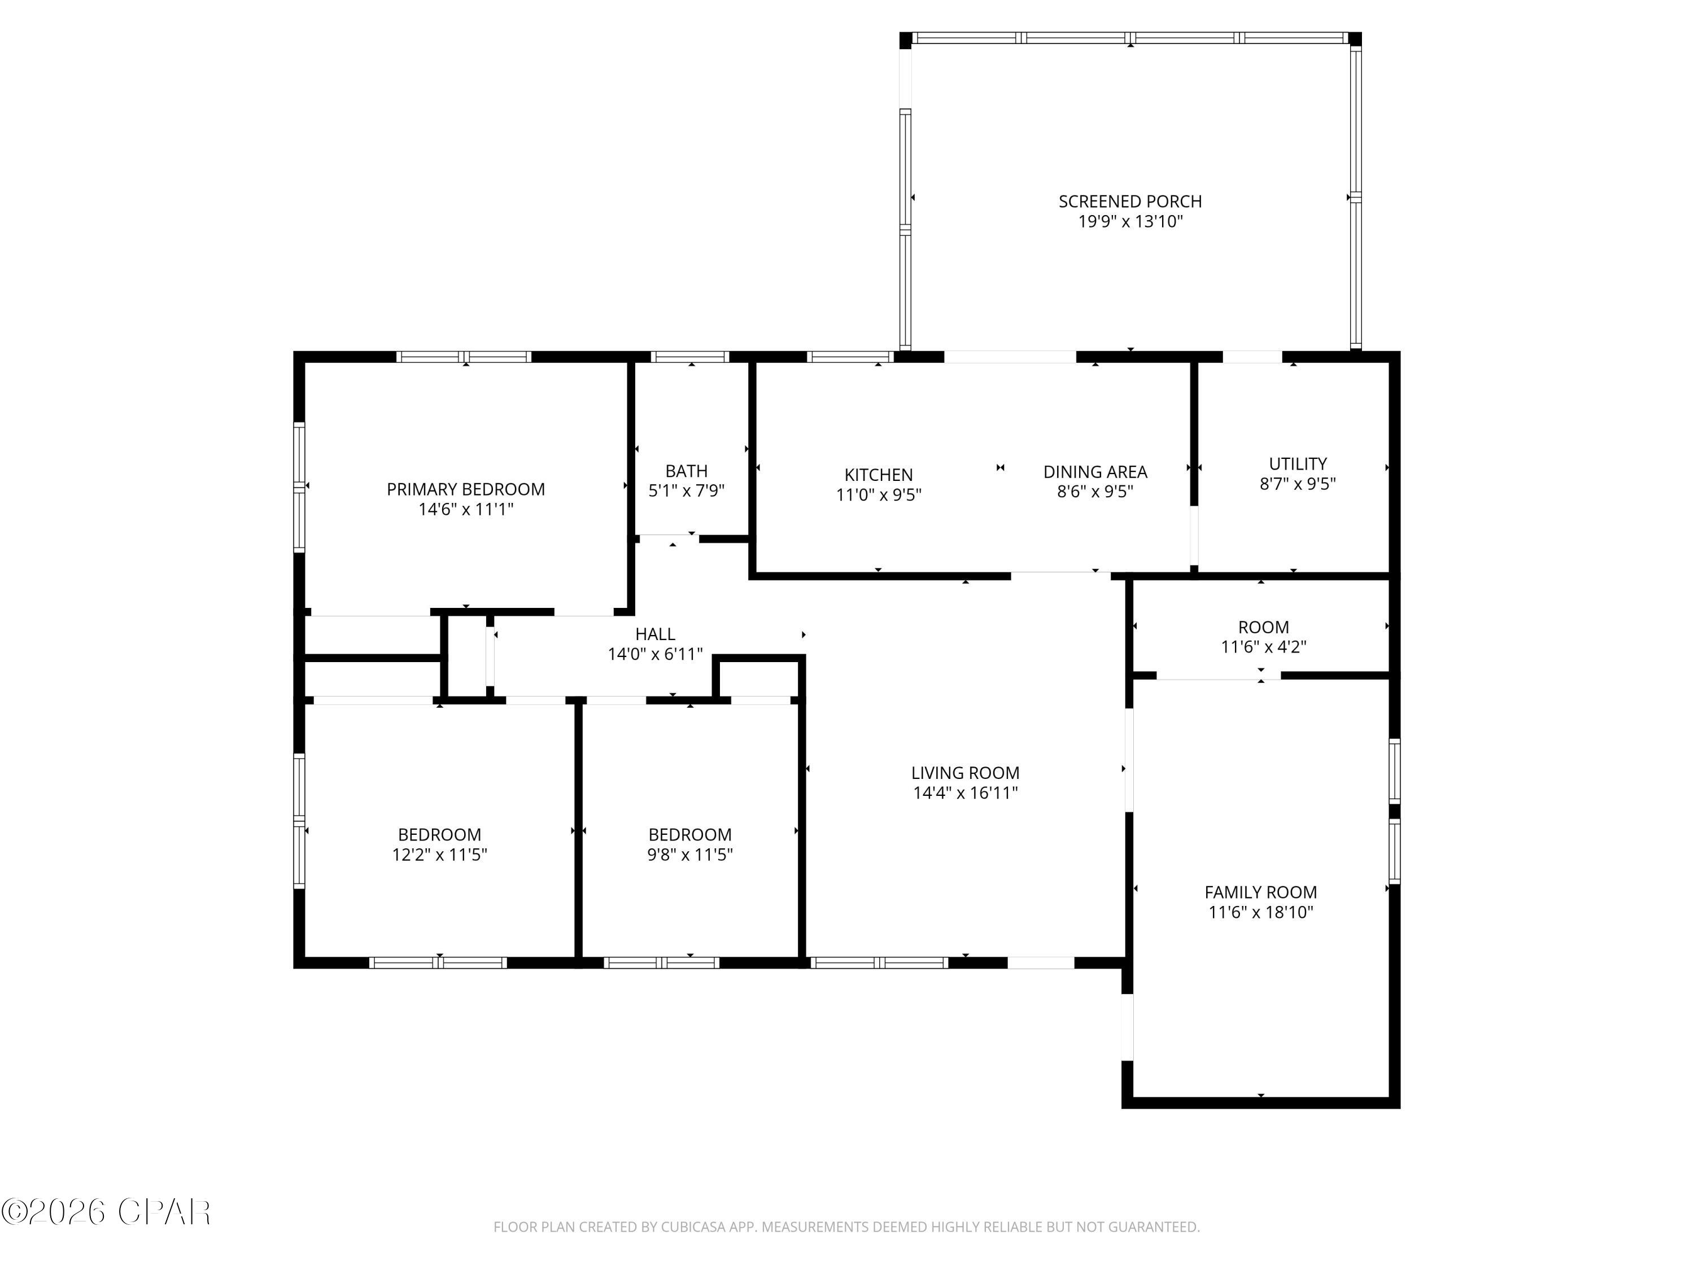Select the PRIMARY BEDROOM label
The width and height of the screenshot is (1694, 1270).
[x=466, y=489]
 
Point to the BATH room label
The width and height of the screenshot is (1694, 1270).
[x=686, y=471]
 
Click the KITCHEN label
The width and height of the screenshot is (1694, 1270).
[x=879, y=475]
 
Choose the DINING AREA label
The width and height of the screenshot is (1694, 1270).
[x=1095, y=471]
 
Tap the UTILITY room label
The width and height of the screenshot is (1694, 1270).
[x=1297, y=464]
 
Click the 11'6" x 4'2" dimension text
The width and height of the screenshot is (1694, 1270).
[x=1263, y=647]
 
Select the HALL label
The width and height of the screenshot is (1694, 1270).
[x=655, y=634]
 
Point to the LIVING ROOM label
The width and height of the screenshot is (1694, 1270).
[x=965, y=773]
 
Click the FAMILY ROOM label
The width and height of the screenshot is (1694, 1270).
[x=1260, y=892]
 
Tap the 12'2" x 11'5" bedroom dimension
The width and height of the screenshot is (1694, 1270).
[x=439, y=855]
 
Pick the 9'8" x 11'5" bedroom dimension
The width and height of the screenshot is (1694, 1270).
[x=690, y=855]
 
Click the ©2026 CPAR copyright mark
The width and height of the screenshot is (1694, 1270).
[x=106, y=1212]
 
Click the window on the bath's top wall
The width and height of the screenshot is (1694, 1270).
[x=690, y=357]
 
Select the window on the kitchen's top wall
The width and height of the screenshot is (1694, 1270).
[x=850, y=357]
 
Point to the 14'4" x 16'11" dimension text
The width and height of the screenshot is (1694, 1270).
[x=965, y=793]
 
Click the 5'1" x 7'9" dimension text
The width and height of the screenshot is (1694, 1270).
[x=686, y=491]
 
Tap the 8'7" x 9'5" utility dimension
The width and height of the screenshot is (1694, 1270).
[x=1297, y=484]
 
